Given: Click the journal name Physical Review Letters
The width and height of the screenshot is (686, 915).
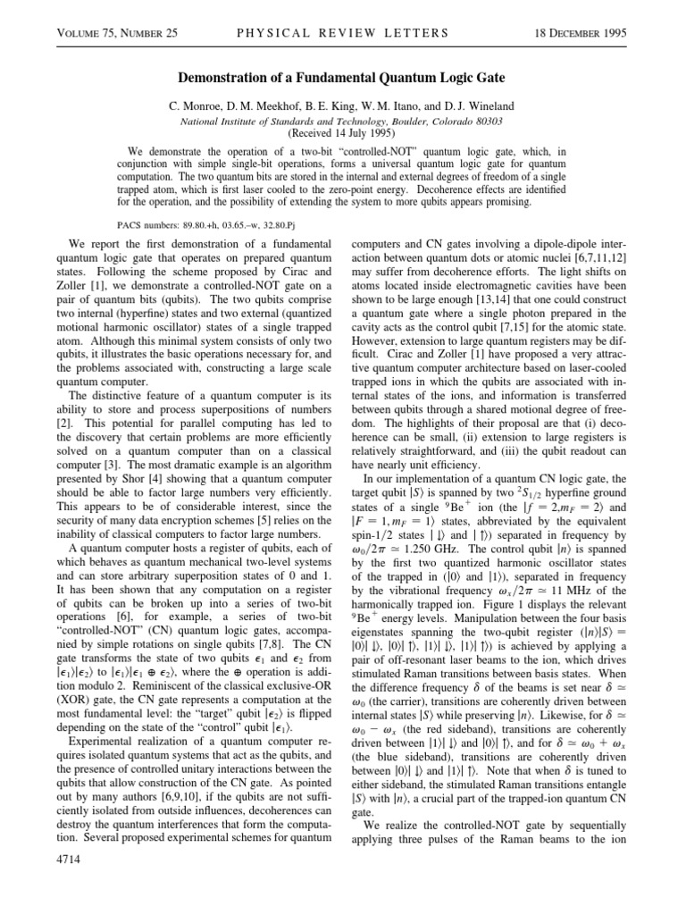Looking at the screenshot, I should point(342,34).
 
